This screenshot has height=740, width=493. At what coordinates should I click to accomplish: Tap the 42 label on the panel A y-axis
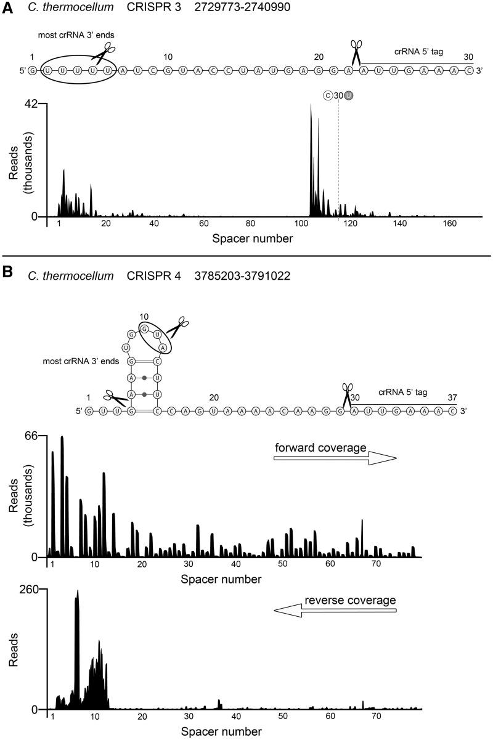tap(31, 104)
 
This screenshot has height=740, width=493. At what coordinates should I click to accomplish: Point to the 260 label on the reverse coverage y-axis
tap(28, 589)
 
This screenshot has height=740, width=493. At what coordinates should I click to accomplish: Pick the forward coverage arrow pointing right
tap(335, 458)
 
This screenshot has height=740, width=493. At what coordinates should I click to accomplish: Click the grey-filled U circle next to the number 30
tap(349, 95)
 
